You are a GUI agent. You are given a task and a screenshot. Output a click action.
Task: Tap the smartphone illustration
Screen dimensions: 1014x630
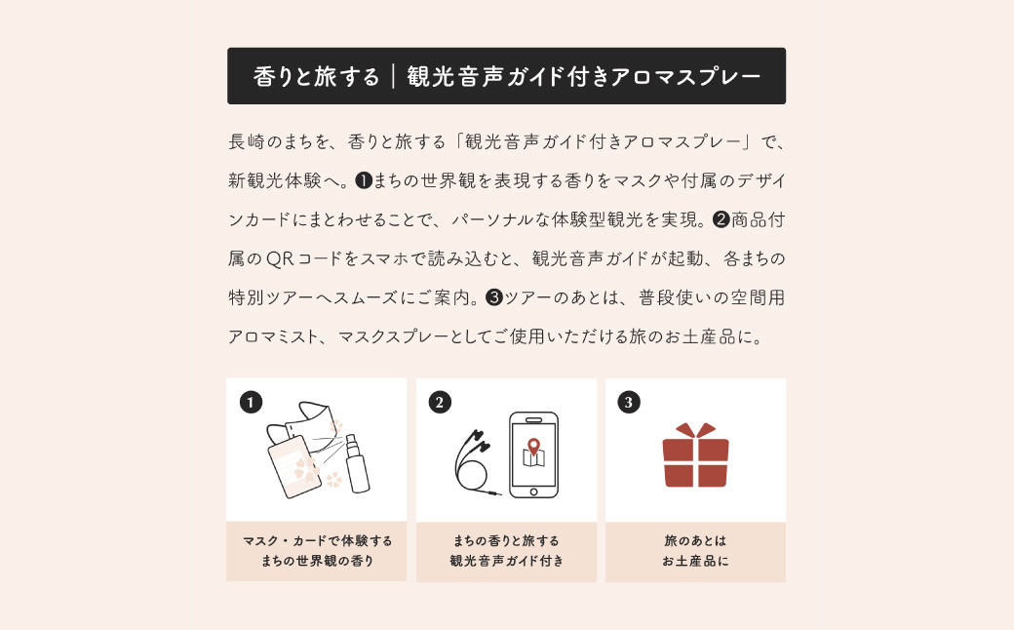click(533, 454)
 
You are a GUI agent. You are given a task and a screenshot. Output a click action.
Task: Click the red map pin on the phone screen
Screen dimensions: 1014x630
click(533, 447)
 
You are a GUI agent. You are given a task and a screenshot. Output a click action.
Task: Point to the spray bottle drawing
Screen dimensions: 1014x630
click(356, 463)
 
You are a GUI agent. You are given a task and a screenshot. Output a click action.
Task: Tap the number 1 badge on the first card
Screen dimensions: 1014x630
click(251, 403)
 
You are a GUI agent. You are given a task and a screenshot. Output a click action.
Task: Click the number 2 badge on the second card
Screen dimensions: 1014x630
click(440, 403)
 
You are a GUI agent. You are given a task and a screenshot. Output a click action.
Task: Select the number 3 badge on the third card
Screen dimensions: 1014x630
click(629, 403)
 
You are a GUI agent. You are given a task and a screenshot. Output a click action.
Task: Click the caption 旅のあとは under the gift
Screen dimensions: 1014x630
click(695, 540)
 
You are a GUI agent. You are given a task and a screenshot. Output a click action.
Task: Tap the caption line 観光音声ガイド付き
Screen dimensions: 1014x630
click(506, 561)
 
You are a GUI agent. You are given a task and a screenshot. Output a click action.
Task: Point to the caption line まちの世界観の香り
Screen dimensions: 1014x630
click(317, 561)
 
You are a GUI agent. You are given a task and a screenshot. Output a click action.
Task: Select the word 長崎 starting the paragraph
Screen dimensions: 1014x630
click(247, 141)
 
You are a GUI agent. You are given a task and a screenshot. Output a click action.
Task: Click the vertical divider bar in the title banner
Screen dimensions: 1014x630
click(393, 76)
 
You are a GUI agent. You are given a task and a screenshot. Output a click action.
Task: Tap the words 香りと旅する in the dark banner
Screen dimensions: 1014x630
click(316, 76)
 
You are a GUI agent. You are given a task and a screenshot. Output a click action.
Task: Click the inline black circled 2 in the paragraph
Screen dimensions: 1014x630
click(721, 220)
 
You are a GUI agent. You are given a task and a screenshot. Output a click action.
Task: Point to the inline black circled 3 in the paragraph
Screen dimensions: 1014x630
click(494, 297)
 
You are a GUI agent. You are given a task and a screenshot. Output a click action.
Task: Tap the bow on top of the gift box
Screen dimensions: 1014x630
click(695, 430)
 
